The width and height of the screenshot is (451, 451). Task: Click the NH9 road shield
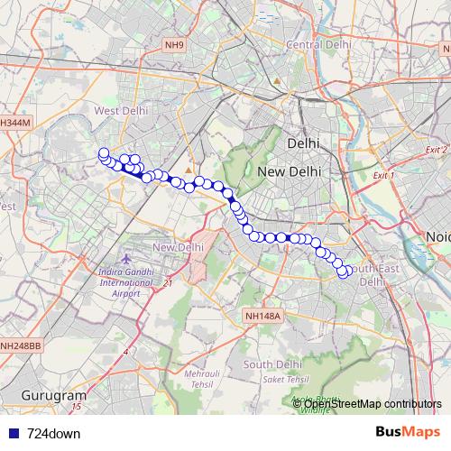coord(174,44)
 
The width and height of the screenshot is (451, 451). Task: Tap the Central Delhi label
coord(317,45)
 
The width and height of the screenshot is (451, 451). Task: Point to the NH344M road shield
coord(15,122)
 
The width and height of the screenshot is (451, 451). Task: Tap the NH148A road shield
coord(263,316)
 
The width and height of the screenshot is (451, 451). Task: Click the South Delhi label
coord(271,364)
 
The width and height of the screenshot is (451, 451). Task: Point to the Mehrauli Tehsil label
coord(203,379)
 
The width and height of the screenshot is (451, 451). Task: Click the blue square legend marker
coord(10,433)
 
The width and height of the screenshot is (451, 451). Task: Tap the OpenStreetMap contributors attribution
coord(373,403)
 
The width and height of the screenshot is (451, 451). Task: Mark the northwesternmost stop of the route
coord(104,153)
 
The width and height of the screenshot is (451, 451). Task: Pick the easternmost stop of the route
coord(349,271)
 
